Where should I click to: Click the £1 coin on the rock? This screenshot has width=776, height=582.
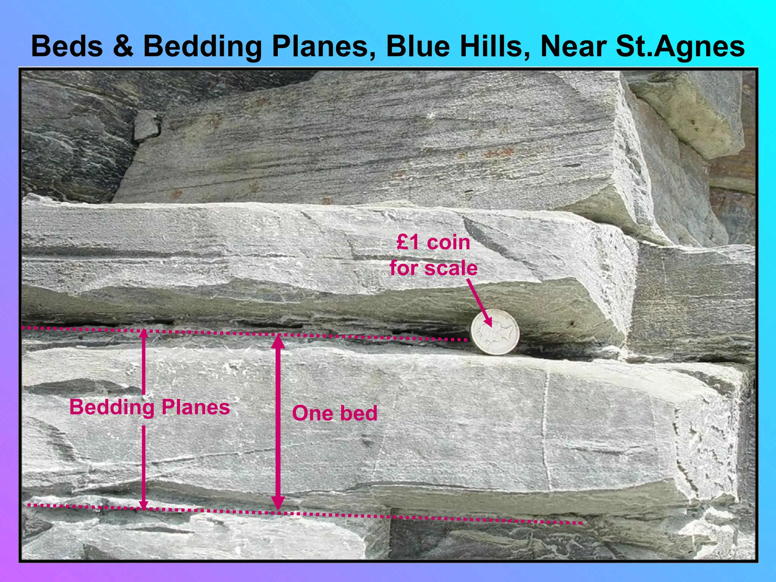coord(495,332)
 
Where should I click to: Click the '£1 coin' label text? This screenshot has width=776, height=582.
coord(433,242)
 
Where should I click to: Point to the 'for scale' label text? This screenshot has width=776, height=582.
coord(433,268)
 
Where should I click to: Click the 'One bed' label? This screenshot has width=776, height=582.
coord(335,413)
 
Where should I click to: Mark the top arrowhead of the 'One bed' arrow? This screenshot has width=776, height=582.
coord(278,341)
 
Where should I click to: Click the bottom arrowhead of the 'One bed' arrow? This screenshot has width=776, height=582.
coord(278,504)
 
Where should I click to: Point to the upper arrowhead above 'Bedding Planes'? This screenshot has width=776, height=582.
coord(143,334)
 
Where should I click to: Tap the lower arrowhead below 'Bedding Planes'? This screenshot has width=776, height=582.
coord(143,504)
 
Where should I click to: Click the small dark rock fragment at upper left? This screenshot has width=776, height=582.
coord(146,125)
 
